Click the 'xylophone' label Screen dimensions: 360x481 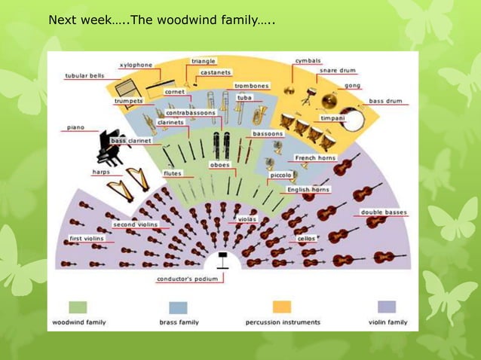point(136,66)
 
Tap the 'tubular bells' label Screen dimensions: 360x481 point(84,75)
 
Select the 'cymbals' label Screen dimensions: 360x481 point(308,60)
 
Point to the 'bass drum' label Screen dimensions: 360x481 point(385,101)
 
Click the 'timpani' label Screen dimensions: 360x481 point(332,118)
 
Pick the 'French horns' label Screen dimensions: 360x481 point(315,158)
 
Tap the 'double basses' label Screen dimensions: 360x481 point(384,212)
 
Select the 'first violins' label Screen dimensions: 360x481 point(87,239)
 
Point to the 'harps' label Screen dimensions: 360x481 point(101,172)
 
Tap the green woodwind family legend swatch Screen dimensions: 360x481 point(78,307)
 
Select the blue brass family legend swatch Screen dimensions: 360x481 point(179,307)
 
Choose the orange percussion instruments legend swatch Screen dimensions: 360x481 point(282,307)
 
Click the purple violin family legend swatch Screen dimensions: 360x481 point(387,307)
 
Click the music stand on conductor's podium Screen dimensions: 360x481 point(222,261)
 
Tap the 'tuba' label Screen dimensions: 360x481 point(244,97)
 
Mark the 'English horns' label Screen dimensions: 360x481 point(309,190)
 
